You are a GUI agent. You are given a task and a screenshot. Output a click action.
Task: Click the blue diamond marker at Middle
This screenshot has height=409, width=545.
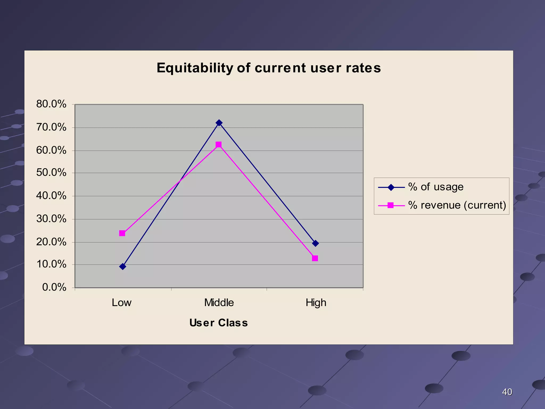(x=219, y=123)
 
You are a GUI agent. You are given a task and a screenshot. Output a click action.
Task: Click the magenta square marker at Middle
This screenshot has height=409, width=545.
(x=218, y=145)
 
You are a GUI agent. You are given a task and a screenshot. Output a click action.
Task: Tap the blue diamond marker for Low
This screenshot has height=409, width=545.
(x=123, y=267)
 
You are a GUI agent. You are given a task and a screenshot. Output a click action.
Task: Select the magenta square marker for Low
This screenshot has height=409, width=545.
(x=122, y=233)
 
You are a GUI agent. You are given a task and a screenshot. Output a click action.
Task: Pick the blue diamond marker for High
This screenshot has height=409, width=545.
(x=315, y=243)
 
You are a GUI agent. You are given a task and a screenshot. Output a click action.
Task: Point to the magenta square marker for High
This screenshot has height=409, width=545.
(x=315, y=258)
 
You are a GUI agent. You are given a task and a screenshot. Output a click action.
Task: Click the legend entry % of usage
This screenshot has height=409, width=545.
(x=436, y=187)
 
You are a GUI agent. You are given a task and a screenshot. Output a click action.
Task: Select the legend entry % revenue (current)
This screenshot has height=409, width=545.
(x=457, y=205)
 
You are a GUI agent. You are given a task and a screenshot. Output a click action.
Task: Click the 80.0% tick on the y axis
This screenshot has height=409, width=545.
(x=51, y=104)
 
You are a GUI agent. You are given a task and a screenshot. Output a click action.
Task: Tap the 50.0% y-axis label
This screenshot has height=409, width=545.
(x=51, y=173)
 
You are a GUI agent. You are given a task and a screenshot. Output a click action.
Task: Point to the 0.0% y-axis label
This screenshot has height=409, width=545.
(x=54, y=287)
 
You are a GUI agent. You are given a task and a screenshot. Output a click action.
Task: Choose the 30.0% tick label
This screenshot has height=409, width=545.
(x=51, y=219)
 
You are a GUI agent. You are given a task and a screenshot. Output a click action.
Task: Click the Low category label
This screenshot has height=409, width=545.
(x=122, y=303)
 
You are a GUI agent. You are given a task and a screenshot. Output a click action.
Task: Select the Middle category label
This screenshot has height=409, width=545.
(x=219, y=303)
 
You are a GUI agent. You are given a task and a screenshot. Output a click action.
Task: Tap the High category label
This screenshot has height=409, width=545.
(x=316, y=303)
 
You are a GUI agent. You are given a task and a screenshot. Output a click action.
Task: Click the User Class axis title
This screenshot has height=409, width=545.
(x=218, y=323)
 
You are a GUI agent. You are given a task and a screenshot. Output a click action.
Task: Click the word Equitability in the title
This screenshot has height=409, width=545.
(x=194, y=68)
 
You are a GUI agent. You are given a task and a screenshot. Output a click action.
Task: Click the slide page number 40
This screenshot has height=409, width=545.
(x=507, y=392)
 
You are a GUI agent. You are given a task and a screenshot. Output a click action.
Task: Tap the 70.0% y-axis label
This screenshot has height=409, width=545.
(x=51, y=127)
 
